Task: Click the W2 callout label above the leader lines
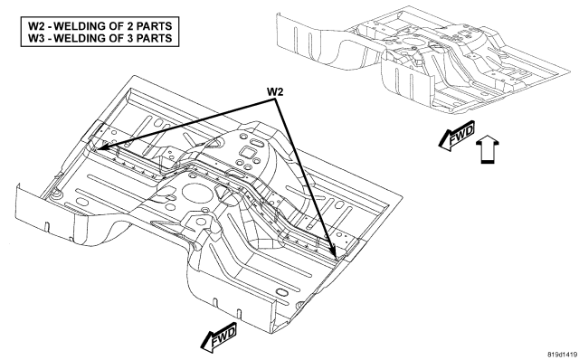pyautogui.click(x=275, y=92)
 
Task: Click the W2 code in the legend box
pyautogui.click(x=36, y=26)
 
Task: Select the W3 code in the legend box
pyautogui.click(x=36, y=38)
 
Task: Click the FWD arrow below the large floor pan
pyautogui.click(x=219, y=336)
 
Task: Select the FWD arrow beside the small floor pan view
pyautogui.click(x=457, y=136)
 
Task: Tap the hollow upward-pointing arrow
pyautogui.click(x=488, y=149)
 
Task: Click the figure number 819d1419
pyautogui.click(x=562, y=354)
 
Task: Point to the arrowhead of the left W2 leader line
pyautogui.click(x=99, y=148)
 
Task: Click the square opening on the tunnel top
pyautogui.click(x=246, y=152)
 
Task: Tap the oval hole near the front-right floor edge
pyautogui.click(x=281, y=293)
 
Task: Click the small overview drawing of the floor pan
pyautogui.click(x=423, y=59)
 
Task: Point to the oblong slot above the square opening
pyautogui.click(x=255, y=143)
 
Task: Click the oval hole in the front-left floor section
pyautogui.click(x=81, y=202)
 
